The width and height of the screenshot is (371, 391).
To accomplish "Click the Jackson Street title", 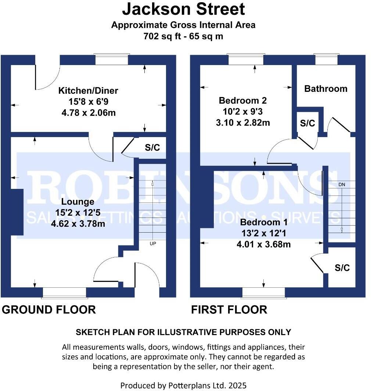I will pyautogui.click(x=183, y=9).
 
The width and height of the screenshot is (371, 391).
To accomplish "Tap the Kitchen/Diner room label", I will pyautogui.click(x=89, y=90).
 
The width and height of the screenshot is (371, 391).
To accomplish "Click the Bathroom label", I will pyautogui.click(x=325, y=89).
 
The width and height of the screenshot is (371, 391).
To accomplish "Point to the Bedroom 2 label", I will pyautogui.click(x=242, y=100).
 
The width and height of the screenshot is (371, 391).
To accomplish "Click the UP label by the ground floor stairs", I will pyautogui.click(x=152, y=243).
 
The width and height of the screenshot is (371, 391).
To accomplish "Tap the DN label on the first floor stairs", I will pyautogui.click(x=342, y=184).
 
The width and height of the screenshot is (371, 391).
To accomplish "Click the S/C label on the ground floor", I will pyautogui.click(x=152, y=148).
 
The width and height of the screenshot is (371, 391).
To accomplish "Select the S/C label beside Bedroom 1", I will pyautogui.click(x=342, y=268).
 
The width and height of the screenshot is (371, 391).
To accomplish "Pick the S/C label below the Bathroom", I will pyautogui.click(x=307, y=123).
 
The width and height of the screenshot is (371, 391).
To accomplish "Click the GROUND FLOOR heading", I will pyautogui.click(x=49, y=310).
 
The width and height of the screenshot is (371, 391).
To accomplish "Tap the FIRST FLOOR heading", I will pyautogui.click(x=229, y=310).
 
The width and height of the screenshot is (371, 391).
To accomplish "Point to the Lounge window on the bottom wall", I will pyautogui.click(x=64, y=292).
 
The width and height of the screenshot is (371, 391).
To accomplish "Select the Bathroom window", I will pyautogui.click(x=326, y=59).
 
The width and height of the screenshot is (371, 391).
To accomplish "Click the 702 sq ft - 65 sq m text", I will pyautogui.click(x=183, y=36).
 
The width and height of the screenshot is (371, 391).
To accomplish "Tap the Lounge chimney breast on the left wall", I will pyautogui.click(x=17, y=212).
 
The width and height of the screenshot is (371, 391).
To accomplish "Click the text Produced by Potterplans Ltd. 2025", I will pyautogui.click(x=183, y=385).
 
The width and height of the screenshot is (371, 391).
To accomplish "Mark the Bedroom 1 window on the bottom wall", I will pyautogui.click(x=263, y=292).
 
